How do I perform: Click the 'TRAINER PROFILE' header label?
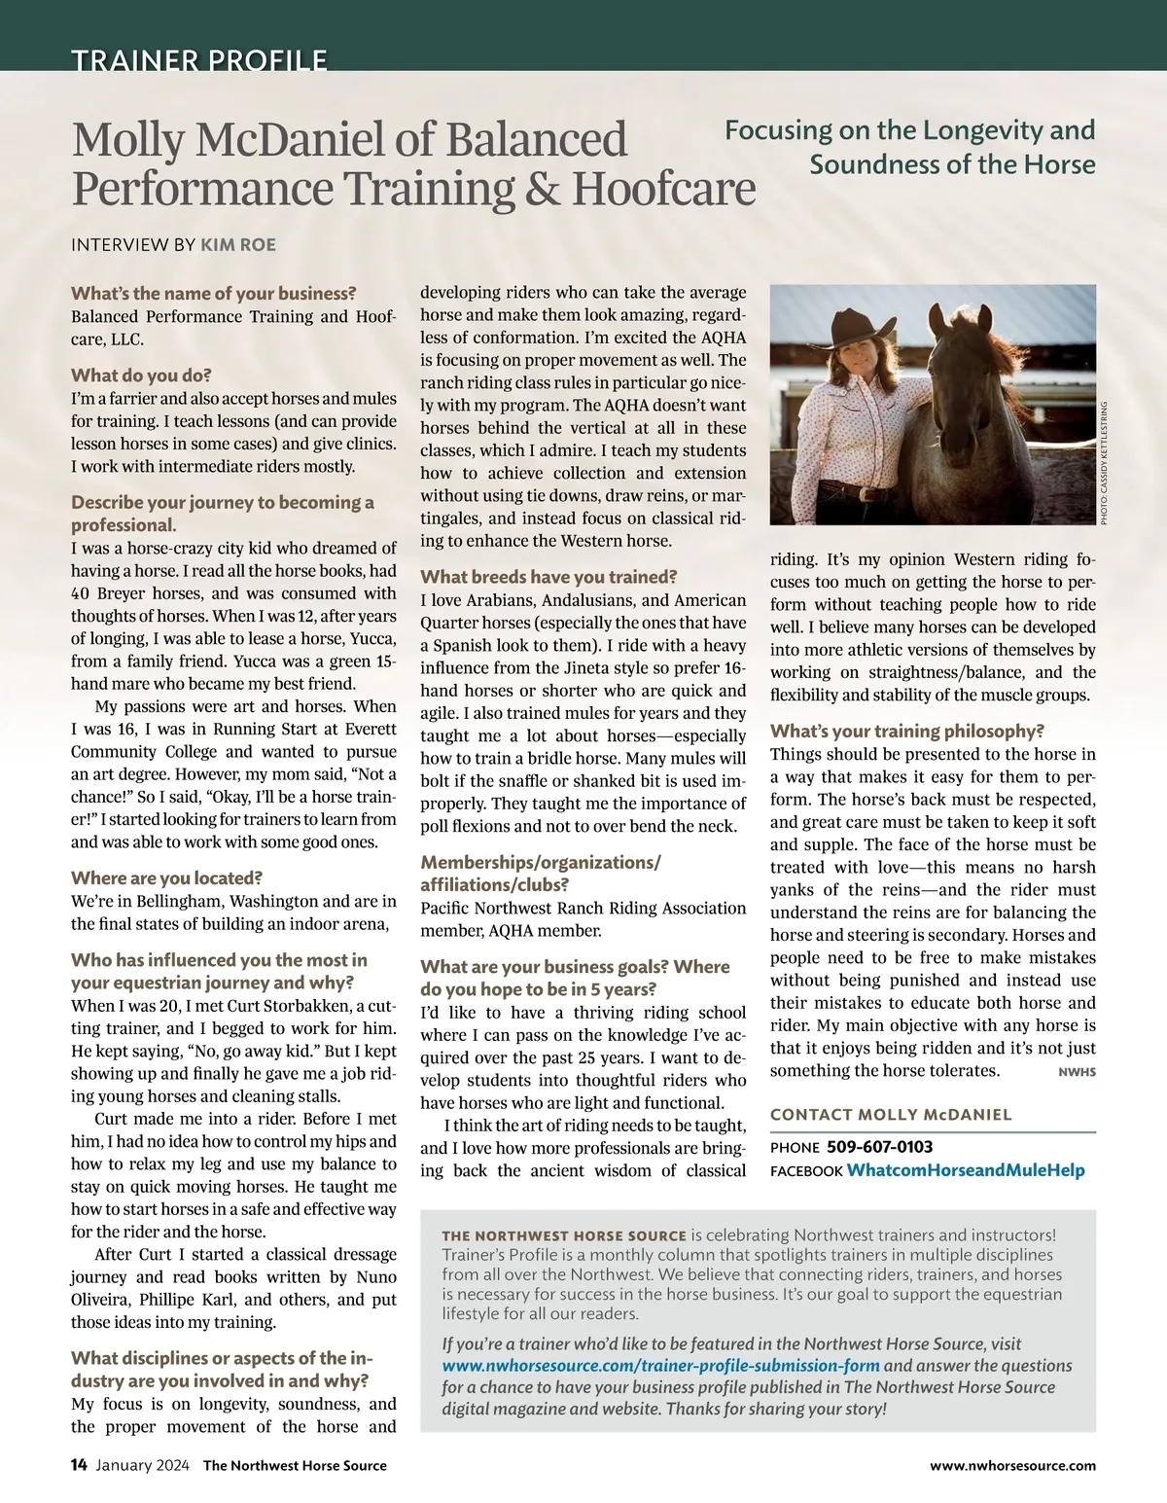click(x=198, y=59)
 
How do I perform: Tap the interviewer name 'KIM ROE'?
click(x=238, y=244)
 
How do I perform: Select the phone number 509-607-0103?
click(x=879, y=1147)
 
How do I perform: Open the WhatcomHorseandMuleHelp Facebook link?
click(x=965, y=1169)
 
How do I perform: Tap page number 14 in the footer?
click(x=79, y=1465)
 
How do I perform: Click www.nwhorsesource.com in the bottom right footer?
click(x=1012, y=1465)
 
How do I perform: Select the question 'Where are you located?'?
click(x=167, y=877)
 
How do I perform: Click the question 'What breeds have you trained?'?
click(x=548, y=577)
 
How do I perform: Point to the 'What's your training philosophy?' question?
click(x=907, y=731)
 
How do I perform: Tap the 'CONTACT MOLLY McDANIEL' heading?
click(x=891, y=1114)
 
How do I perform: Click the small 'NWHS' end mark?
click(x=1076, y=1072)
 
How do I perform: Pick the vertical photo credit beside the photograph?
click(x=1104, y=463)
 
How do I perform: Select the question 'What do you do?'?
click(x=141, y=375)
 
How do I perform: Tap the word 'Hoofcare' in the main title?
click(x=663, y=188)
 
